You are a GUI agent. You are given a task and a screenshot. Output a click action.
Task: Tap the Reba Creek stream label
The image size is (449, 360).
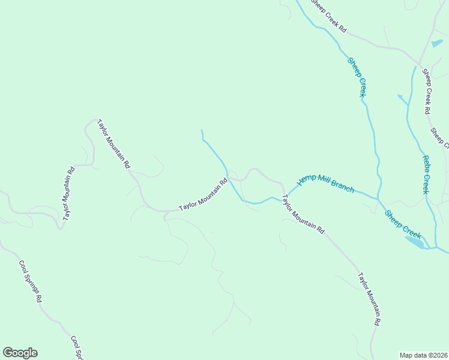pyautogui.click(x=424, y=175)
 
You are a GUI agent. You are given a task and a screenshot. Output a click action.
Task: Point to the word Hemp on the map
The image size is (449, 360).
pyautogui.click(x=306, y=179)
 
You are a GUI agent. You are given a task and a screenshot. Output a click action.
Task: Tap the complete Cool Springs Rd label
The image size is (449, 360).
pyautogui.click(x=30, y=281)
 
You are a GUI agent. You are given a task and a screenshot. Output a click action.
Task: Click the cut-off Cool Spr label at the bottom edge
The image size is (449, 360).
pyautogui.click(x=76, y=347)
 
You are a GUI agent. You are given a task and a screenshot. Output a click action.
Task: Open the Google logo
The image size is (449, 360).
pyautogui.click(x=20, y=353)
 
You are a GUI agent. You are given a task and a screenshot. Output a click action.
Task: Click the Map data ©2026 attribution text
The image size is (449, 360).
pyautogui.click(x=423, y=355)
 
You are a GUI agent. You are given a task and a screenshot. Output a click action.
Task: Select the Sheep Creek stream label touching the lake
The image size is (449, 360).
pyautogui.click(x=403, y=223)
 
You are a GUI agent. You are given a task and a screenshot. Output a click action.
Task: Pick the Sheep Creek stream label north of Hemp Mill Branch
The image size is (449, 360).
pyautogui.click(x=357, y=76)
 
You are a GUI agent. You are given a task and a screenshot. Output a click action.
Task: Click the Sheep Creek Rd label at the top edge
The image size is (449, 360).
pyautogui.click(x=328, y=16)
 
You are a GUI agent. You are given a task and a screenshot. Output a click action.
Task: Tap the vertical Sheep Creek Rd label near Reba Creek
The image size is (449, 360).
pyautogui.click(x=427, y=92)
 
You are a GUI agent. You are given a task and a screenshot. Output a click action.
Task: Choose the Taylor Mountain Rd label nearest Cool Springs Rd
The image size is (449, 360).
pyautogui.click(x=67, y=192)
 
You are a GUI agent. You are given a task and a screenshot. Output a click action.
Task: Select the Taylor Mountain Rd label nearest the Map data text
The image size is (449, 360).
pyautogui.click(x=369, y=299)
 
